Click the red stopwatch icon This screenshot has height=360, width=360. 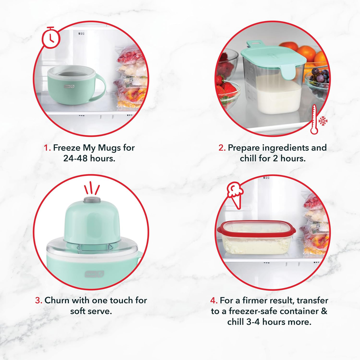click(51, 37)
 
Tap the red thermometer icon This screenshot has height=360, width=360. click(314, 119)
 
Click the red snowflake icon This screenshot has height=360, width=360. click(323, 121)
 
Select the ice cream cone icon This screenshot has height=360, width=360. click(235, 195)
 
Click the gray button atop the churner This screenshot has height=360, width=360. click(92, 200)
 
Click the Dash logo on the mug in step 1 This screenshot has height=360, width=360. click(69, 86)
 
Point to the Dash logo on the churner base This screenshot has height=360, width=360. click(94, 274)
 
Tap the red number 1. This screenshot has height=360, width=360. click(47, 148)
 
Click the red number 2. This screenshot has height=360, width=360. click(222, 148)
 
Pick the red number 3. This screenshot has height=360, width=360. click(39, 300)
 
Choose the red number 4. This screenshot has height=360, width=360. click(214, 300)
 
